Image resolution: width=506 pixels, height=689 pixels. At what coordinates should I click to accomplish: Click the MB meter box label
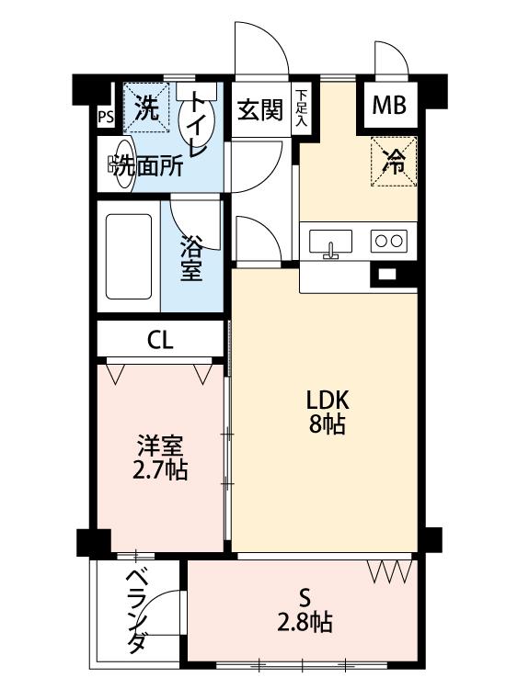[x=388, y=106]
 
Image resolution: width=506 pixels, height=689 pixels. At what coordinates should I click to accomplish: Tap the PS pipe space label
[x=105, y=118]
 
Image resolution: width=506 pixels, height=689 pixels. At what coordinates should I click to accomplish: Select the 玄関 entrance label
[x=260, y=110]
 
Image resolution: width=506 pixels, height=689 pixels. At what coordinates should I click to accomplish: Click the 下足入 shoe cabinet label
[x=301, y=107]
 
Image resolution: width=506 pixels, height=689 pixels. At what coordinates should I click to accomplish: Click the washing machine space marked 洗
[x=146, y=107]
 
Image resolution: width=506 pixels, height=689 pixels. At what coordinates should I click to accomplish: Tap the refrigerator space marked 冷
[x=394, y=162]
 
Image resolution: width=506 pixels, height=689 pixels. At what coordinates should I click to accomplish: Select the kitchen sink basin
[x=330, y=242]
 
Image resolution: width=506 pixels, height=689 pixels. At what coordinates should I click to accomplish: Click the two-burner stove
[x=388, y=241]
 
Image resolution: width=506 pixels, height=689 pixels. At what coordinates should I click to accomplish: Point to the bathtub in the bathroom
[x=129, y=256]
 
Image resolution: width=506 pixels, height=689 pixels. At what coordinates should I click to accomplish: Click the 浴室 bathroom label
[x=192, y=259]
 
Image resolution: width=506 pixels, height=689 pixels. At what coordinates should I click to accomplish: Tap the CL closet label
[x=160, y=339]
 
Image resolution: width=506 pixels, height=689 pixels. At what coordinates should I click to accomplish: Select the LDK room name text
[x=328, y=401]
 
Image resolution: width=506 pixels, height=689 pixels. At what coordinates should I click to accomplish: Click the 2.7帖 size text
[x=160, y=470]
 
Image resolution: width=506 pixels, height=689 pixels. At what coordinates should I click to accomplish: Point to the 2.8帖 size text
[x=305, y=622]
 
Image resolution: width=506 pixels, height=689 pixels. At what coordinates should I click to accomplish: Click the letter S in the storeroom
[x=305, y=598]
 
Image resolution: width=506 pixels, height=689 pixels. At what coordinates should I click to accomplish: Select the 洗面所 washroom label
[x=147, y=167]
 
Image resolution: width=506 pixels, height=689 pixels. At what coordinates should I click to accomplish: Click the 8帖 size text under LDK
[x=327, y=424]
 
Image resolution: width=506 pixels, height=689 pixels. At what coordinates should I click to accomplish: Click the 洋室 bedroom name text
[x=160, y=446]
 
